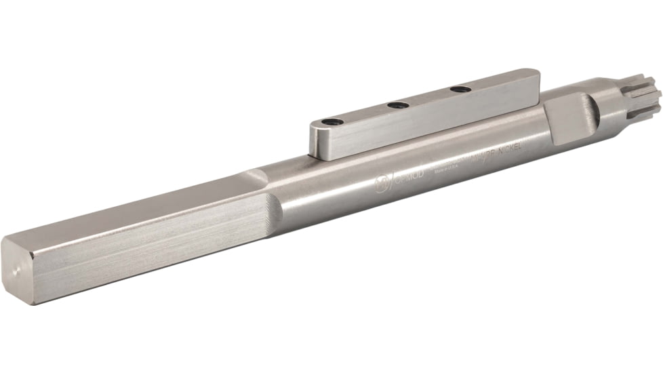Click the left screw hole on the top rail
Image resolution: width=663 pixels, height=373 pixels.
click(x=332, y=122)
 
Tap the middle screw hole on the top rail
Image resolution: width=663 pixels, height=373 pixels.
click(x=398, y=105)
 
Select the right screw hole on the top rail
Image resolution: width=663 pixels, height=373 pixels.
click(x=460, y=89)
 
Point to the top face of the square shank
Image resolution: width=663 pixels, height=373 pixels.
click(x=136, y=203)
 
